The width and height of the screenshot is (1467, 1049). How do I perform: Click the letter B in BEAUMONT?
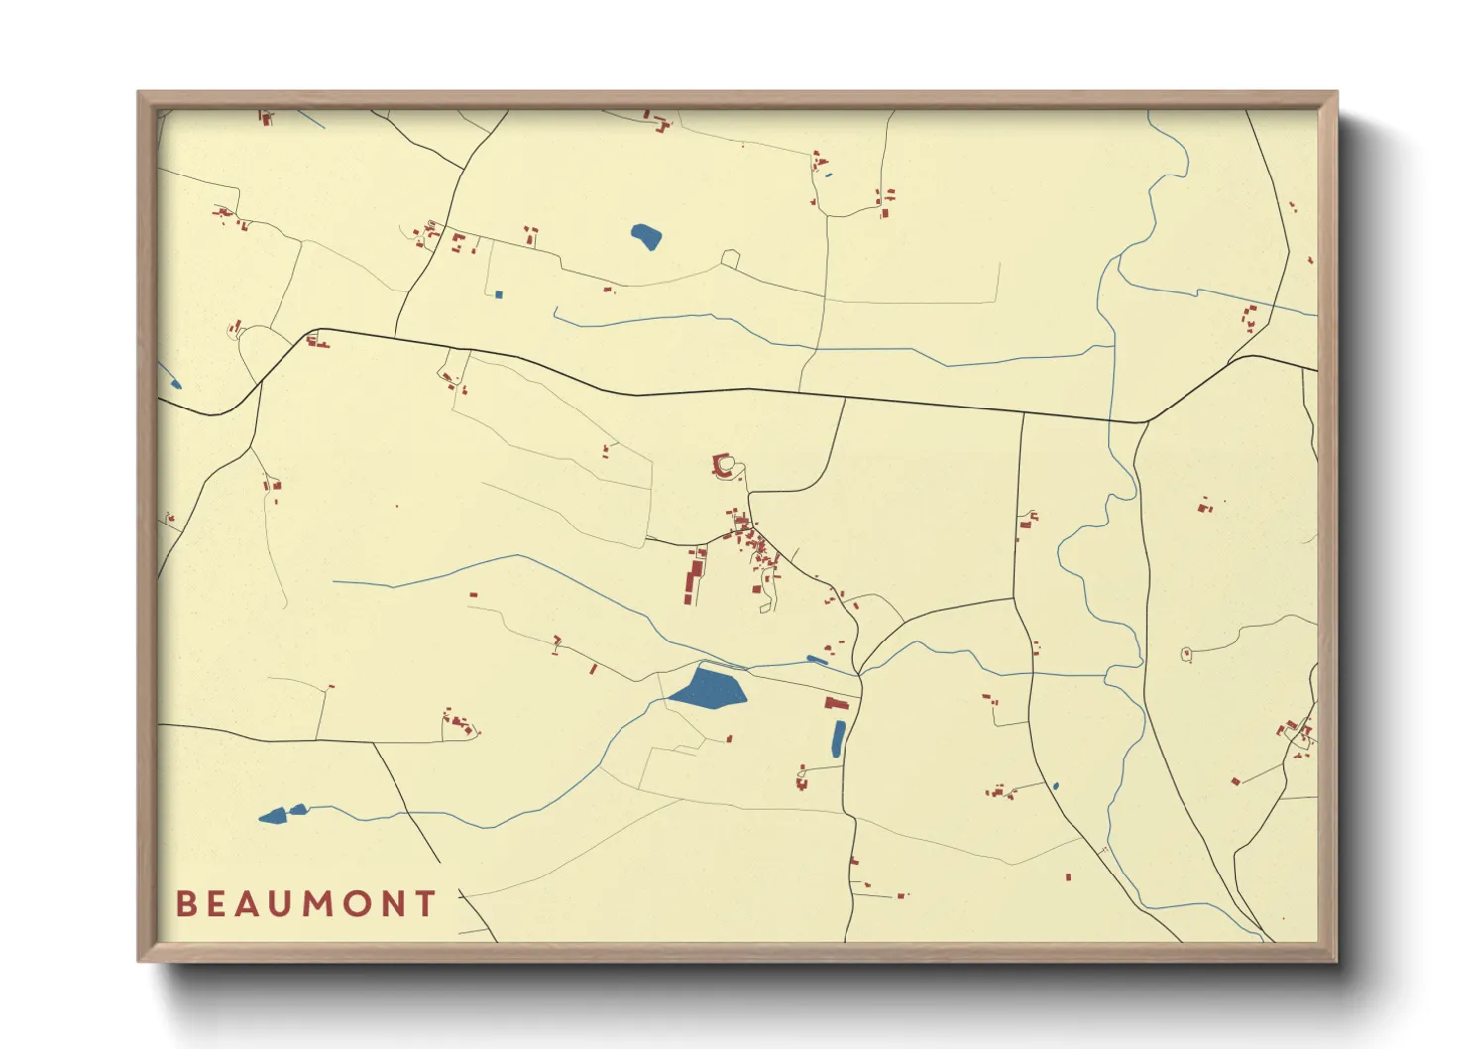(x=185, y=904)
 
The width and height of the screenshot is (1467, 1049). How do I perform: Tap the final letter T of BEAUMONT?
(x=426, y=904)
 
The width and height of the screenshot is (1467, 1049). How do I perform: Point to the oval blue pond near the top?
(x=646, y=237)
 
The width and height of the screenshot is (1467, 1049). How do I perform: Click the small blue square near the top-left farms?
(x=499, y=294)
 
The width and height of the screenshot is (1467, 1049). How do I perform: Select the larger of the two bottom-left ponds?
(x=273, y=816)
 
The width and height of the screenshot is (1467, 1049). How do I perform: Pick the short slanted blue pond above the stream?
(x=817, y=660)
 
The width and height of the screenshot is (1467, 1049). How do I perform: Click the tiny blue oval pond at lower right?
(x=1056, y=786)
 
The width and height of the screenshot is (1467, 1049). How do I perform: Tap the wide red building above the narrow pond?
(x=837, y=703)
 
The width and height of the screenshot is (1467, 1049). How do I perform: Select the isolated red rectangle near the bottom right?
(x=1068, y=876)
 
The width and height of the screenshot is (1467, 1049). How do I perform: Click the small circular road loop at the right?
(x=1186, y=654)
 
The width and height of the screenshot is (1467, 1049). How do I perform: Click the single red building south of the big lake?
(x=729, y=739)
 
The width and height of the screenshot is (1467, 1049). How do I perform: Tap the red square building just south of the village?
(x=756, y=589)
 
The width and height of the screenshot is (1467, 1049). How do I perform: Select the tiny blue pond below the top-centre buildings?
(x=829, y=175)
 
